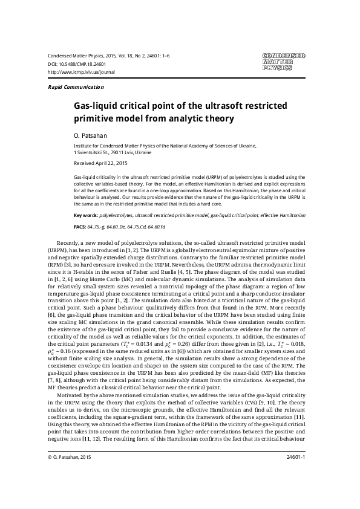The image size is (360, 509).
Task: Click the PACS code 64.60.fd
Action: [159, 226]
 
